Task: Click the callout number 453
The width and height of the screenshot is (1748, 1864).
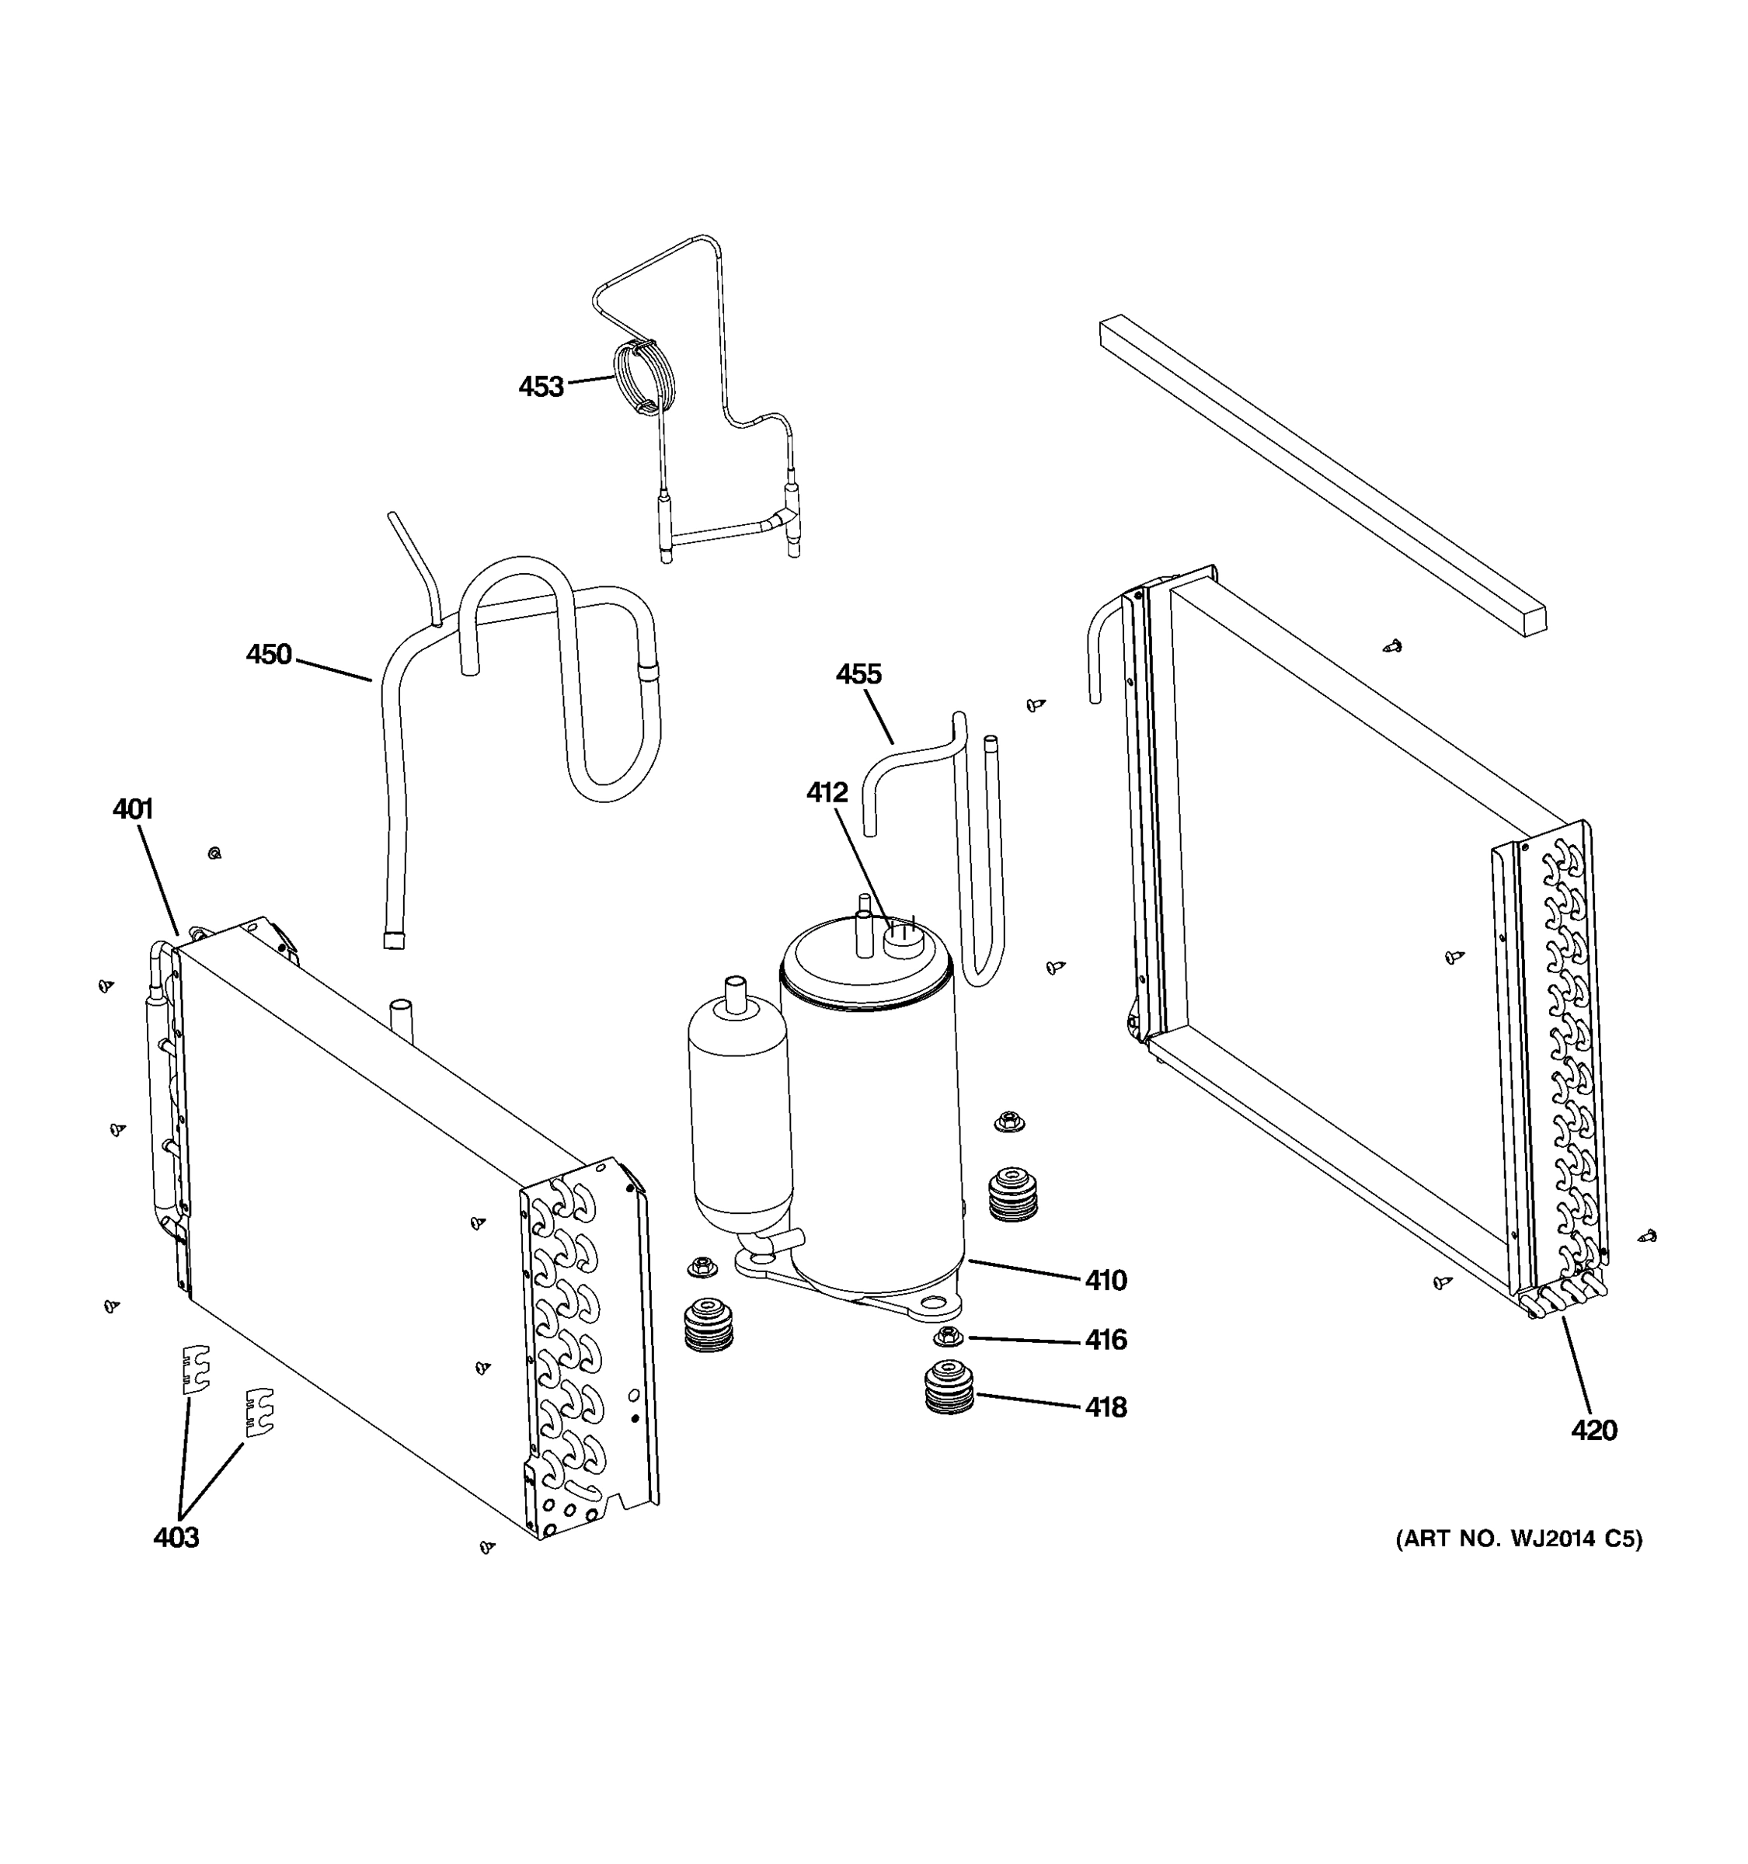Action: pos(540,386)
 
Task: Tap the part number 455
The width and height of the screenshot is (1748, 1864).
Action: pos(858,674)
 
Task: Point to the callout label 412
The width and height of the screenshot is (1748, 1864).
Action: pos(826,792)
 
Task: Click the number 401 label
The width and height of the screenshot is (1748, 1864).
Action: pos(132,809)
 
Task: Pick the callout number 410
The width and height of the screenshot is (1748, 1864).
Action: pos(1106,1280)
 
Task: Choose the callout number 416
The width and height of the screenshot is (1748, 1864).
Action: pos(1106,1340)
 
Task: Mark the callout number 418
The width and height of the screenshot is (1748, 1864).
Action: pos(1106,1407)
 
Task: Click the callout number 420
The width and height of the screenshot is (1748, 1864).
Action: pos(1594,1430)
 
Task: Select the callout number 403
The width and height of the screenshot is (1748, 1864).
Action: pos(176,1537)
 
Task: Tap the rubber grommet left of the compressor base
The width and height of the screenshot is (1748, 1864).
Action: pos(708,1325)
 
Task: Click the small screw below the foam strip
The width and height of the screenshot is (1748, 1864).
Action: pos(1393,646)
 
